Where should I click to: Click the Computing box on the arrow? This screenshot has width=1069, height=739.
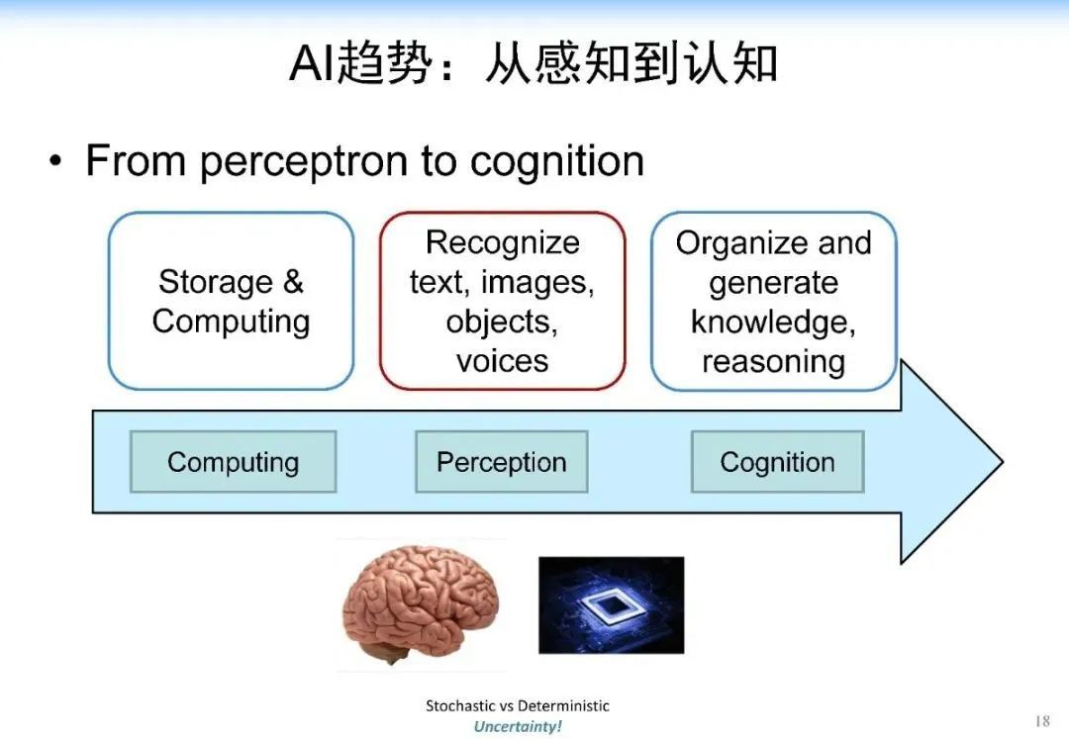coord(233,462)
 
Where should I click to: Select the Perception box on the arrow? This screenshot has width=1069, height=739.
coord(501,462)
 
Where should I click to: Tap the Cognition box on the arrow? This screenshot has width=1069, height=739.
coord(777,462)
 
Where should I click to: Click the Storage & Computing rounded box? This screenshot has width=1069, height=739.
coord(231,301)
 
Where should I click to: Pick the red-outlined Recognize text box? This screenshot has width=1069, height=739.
coord(502,301)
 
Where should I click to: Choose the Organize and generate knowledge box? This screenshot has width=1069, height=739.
coord(773,301)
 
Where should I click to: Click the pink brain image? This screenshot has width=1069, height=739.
coord(420,603)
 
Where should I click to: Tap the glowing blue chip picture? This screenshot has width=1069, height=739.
coord(611,604)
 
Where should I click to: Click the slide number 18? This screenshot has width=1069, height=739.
coord(1041,721)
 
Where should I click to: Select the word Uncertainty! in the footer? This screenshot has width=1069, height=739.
coord(517,726)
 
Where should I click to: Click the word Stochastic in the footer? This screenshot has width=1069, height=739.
coord(458,705)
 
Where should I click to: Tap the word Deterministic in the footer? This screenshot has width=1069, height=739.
coord(564,705)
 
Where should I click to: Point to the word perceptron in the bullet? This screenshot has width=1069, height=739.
coord(303,161)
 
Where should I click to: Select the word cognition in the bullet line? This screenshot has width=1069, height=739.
coord(557,161)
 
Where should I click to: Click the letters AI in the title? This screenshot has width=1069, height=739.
coord(312,64)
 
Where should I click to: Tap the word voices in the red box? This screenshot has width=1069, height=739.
coord(502,361)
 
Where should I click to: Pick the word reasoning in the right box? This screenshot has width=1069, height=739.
coord(773,361)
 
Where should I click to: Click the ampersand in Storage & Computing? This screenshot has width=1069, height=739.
coord(293,282)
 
